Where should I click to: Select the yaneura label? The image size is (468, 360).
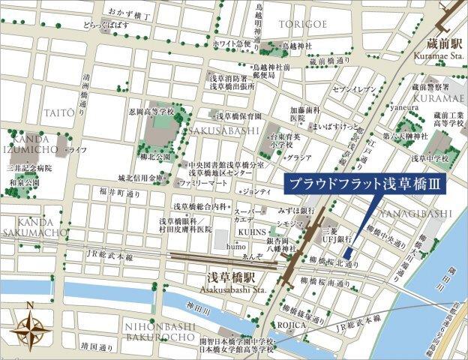point(403,106)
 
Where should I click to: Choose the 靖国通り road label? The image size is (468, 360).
point(97,346)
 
